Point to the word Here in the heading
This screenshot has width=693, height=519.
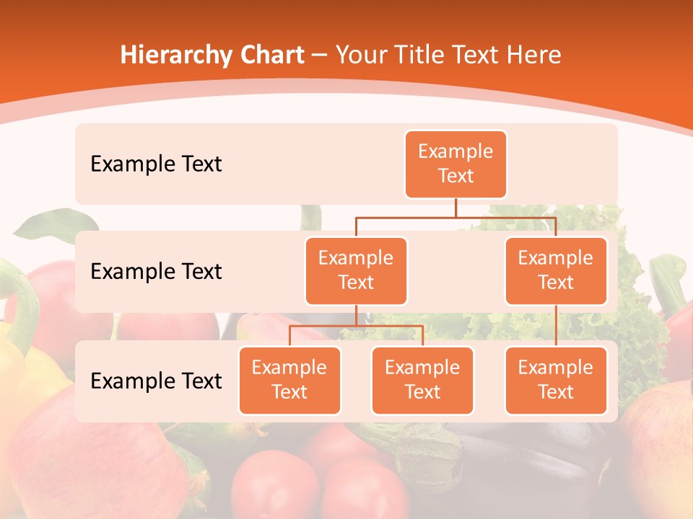coord(532,55)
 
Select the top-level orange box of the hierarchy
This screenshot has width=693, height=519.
coord(456,164)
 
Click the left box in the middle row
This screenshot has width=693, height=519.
coord(356,270)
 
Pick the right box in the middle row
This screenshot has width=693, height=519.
coord(555,270)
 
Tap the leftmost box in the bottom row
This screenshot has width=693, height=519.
coord(289,380)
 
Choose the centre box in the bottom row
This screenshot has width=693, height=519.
coord(422,380)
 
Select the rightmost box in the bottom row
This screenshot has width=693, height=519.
coord(555,380)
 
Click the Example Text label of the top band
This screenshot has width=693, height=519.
coord(156,164)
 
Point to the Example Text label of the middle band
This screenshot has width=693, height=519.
coord(156,272)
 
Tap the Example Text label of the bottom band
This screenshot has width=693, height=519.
coord(156,381)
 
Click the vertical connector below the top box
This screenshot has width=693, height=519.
coord(456,208)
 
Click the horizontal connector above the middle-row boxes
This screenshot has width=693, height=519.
coord(456,216)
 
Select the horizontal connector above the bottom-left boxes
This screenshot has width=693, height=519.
coord(356,326)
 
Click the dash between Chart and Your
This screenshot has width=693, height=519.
coord(320,55)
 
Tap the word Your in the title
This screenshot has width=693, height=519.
coord(357,55)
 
